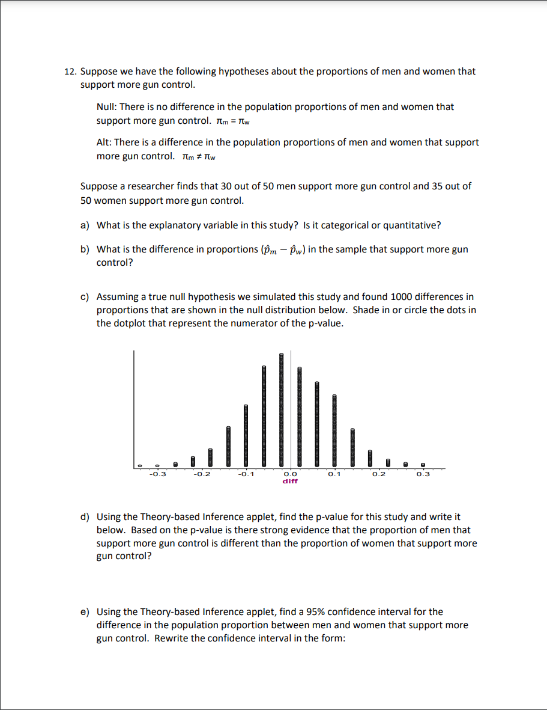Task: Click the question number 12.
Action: click(70, 72)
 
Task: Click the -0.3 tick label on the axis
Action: click(157, 474)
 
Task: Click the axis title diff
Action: click(290, 481)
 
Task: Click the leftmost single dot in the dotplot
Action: click(139, 465)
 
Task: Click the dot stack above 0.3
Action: click(423, 464)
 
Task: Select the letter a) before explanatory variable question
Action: click(85, 225)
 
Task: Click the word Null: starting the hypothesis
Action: click(107, 107)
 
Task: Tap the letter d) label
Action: click(85, 517)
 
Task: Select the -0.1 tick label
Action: click(246, 474)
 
